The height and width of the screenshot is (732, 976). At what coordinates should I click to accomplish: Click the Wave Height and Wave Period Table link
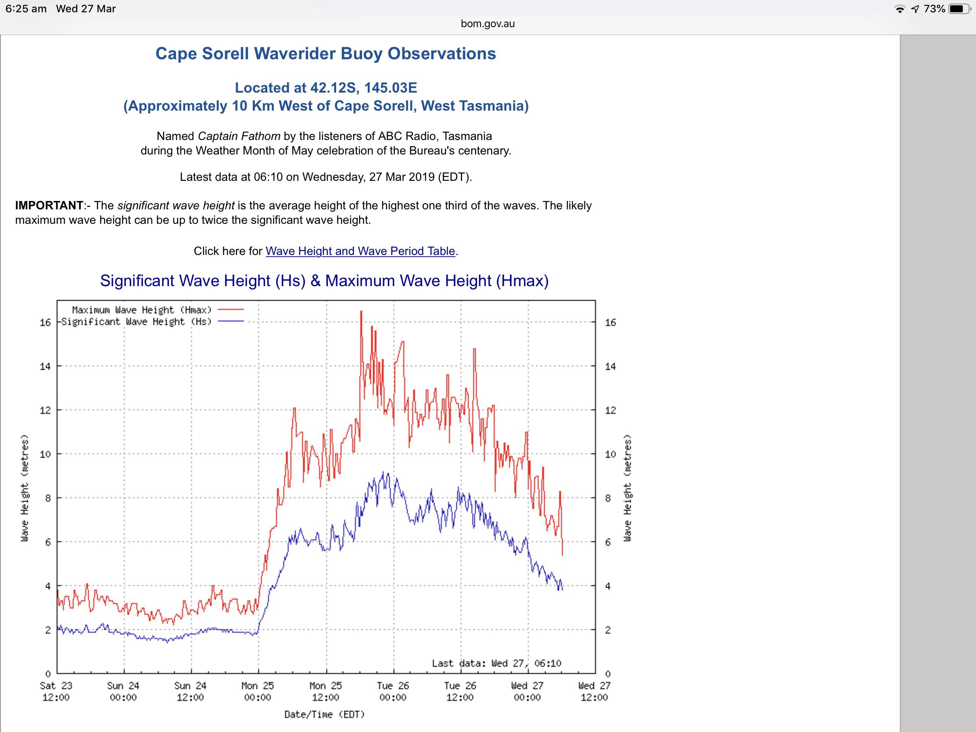click(x=360, y=251)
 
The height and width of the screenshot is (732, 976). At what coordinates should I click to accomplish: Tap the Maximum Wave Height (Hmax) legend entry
click(x=142, y=310)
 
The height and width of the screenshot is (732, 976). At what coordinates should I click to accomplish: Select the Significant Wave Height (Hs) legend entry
click(x=136, y=322)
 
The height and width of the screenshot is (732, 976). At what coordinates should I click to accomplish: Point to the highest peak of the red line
click(x=361, y=312)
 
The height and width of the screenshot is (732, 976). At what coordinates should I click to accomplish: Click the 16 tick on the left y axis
click(x=45, y=323)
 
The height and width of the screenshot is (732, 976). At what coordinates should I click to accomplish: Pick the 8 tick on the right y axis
click(x=608, y=498)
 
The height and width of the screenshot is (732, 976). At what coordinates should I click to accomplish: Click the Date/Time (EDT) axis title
click(x=324, y=714)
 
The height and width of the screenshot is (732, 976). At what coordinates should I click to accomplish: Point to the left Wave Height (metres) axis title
click(x=25, y=488)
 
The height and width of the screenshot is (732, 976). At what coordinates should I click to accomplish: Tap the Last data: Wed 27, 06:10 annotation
click(x=496, y=663)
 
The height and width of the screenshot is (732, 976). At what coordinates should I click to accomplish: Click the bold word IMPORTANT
click(x=49, y=206)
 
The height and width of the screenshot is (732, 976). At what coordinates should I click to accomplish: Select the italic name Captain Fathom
click(x=239, y=136)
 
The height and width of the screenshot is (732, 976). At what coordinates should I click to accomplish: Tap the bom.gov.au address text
click(x=488, y=24)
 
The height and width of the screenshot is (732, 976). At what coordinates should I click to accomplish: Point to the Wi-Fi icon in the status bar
click(x=899, y=9)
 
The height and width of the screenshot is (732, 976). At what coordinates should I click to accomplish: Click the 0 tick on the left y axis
click(x=48, y=674)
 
